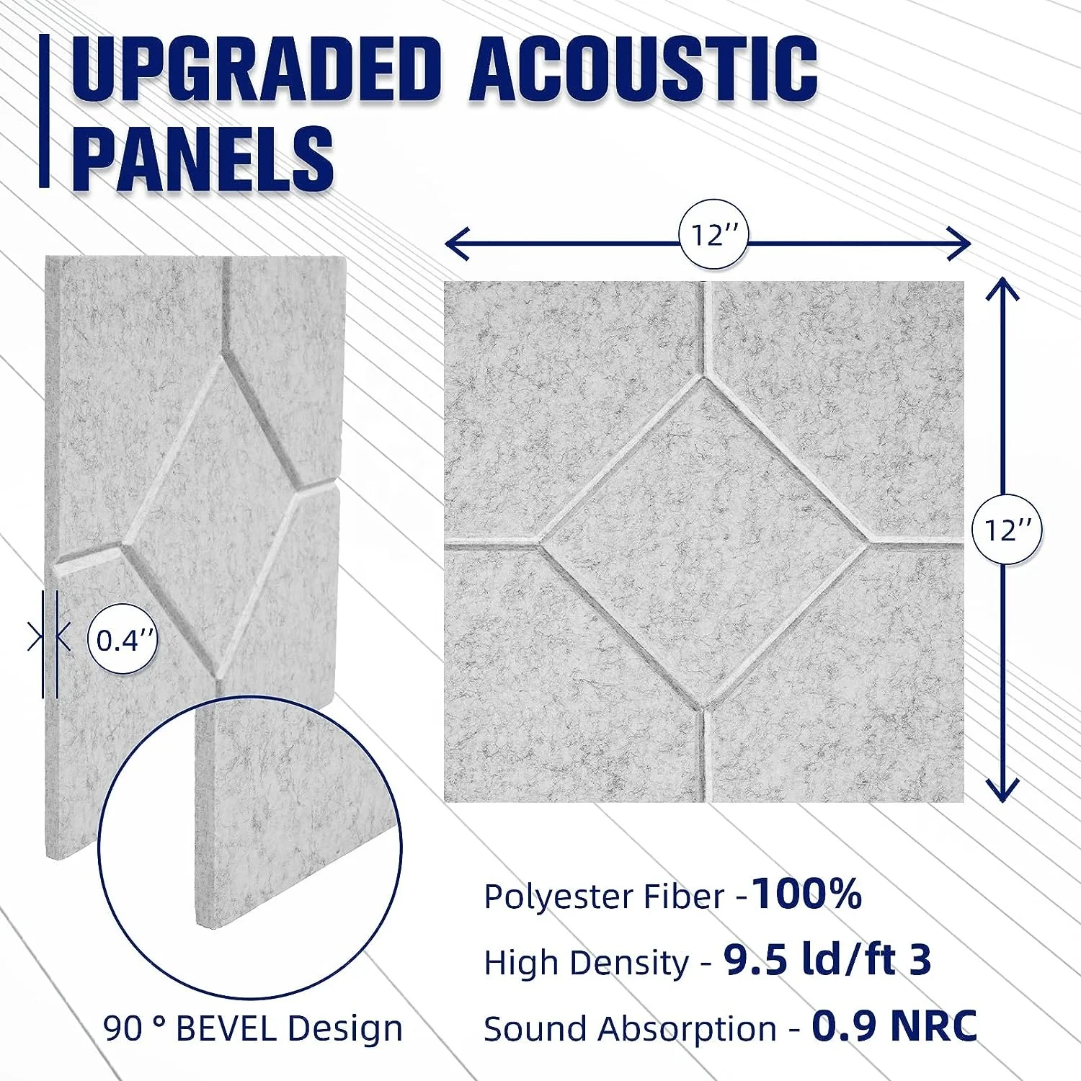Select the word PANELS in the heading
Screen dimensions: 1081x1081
click(x=203, y=158)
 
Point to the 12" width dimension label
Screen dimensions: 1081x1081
click(x=713, y=235)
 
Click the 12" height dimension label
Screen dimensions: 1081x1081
click(x=1007, y=530)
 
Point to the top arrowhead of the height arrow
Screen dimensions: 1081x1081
click(x=1002, y=289)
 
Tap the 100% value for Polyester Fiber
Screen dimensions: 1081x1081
click(x=806, y=894)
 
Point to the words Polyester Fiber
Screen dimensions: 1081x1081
click(x=604, y=897)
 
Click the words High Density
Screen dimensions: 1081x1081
click(x=587, y=963)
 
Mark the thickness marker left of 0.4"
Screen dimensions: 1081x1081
click(x=49, y=638)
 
